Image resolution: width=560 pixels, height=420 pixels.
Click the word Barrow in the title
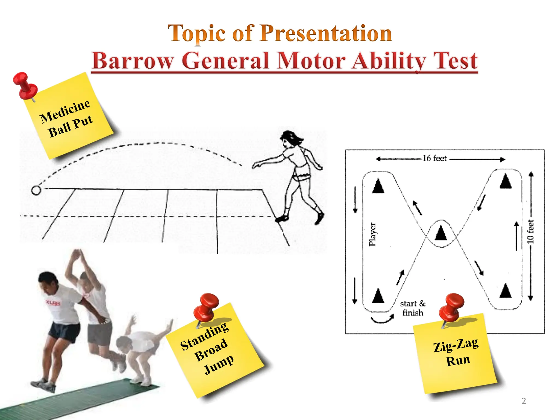(x=133, y=61)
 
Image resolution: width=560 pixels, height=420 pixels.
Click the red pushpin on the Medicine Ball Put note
(x=25, y=85)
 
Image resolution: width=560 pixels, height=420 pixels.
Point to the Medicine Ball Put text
(x=67, y=119)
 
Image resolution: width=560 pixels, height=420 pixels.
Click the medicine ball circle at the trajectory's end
(x=36, y=190)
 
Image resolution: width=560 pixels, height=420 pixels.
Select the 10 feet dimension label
(x=530, y=232)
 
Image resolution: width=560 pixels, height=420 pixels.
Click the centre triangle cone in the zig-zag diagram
(x=441, y=233)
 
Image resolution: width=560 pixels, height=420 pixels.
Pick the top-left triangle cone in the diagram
(x=378, y=186)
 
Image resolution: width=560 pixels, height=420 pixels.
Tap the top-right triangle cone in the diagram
(x=506, y=182)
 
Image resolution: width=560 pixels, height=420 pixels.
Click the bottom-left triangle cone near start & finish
(x=378, y=296)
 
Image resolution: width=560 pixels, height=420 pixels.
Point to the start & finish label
(x=413, y=308)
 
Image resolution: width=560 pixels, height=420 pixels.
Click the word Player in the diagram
(x=372, y=234)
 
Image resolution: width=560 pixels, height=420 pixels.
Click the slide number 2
(x=524, y=401)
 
